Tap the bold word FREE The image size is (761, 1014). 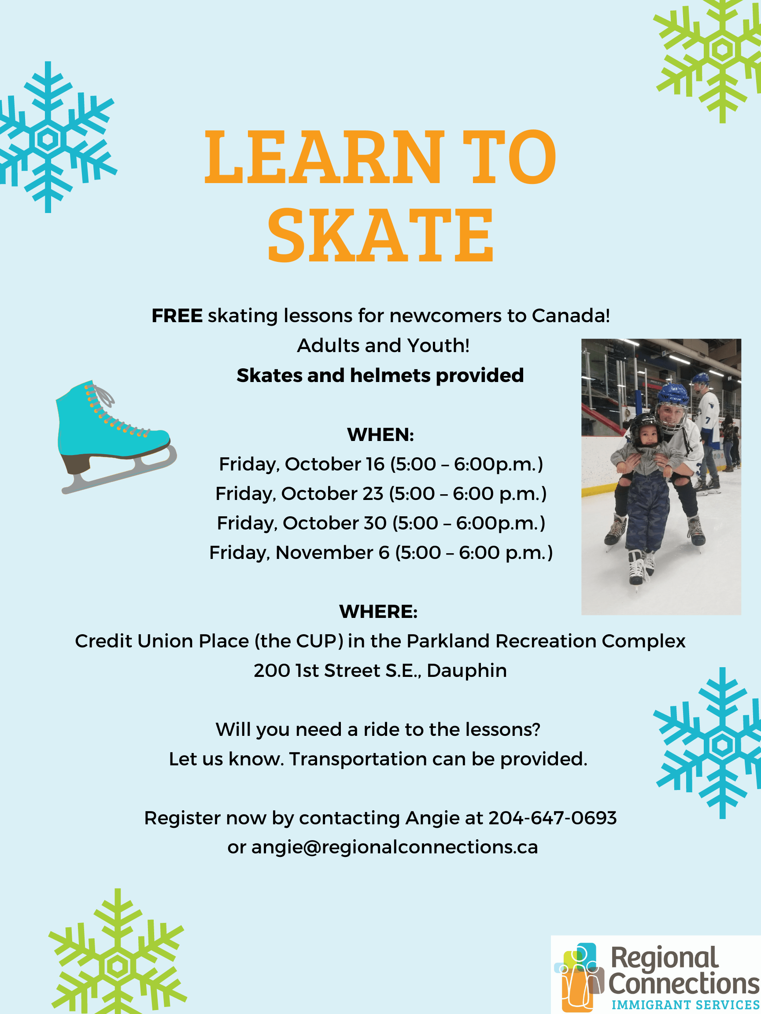pyautogui.click(x=177, y=316)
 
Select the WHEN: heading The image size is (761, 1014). pyautogui.click(x=380, y=434)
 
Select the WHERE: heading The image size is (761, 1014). pyautogui.click(x=378, y=611)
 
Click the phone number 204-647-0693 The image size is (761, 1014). pyautogui.click(x=552, y=818)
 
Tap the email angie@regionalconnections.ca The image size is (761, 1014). pyautogui.click(x=395, y=847)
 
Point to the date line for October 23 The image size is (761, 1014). pyautogui.click(x=381, y=494)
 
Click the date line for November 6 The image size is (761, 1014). pyautogui.click(x=381, y=553)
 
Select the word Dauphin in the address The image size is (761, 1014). pyautogui.click(x=466, y=671)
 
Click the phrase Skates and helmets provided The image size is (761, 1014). pyautogui.click(x=380, y=375)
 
